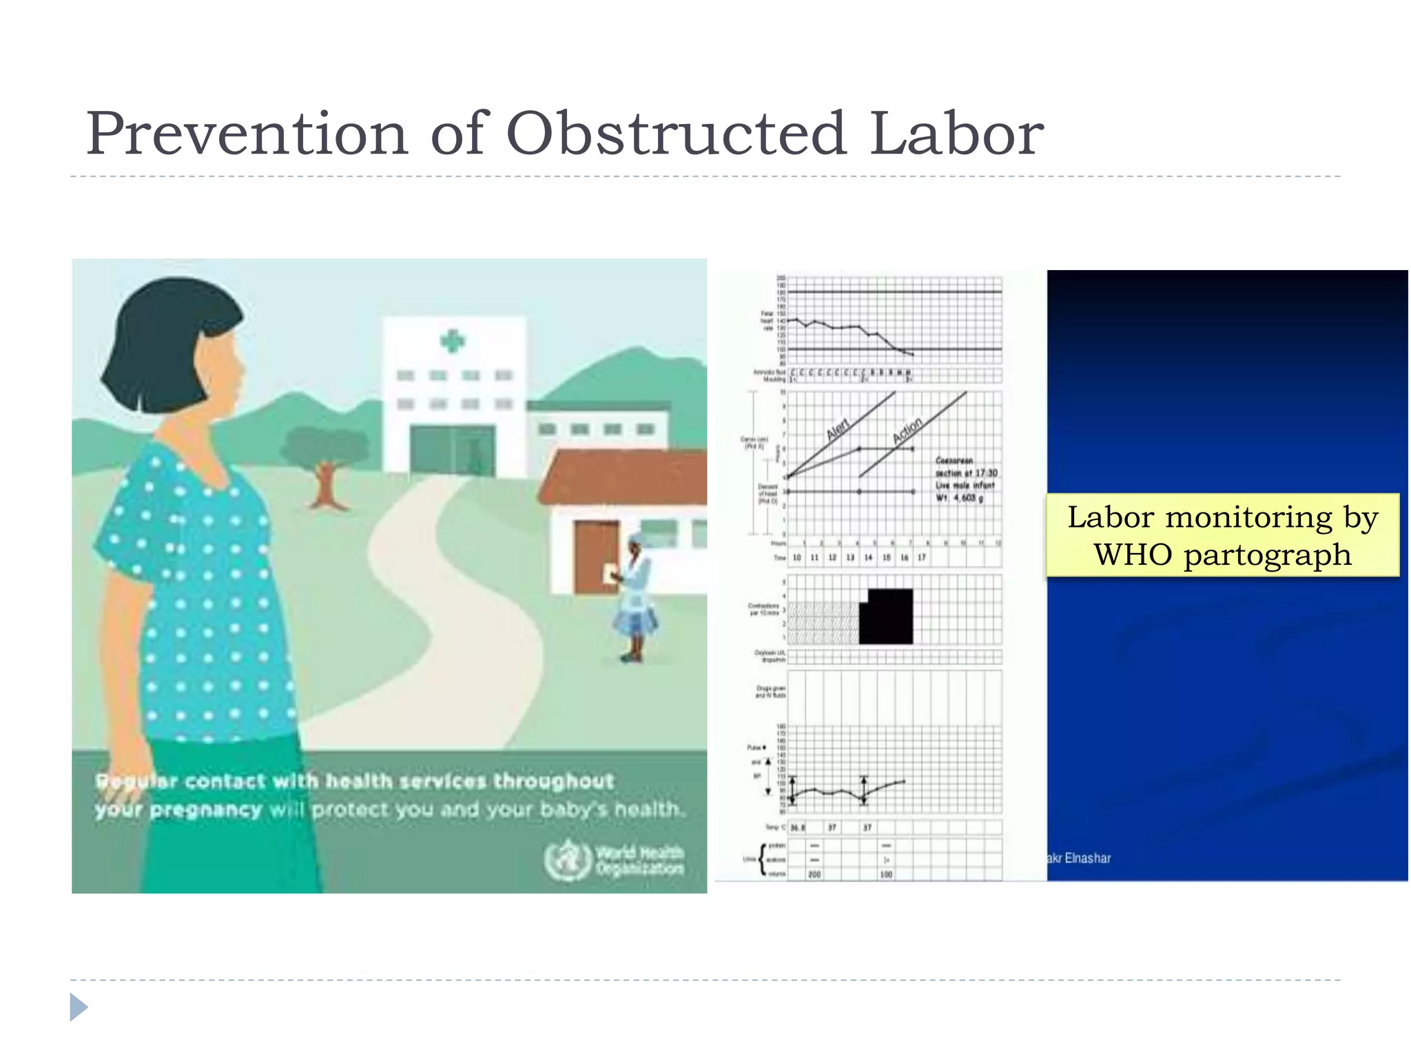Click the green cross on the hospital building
[453, 340]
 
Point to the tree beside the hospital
[326, 461]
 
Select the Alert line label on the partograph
[838, 429]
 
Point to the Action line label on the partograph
[907, 430]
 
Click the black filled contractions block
[888, 616]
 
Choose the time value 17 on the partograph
[922, 557]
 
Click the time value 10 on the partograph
[796, 557]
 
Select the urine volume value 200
[814, 874]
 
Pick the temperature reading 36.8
[797, 827]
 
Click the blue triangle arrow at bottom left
[79, 1007]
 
